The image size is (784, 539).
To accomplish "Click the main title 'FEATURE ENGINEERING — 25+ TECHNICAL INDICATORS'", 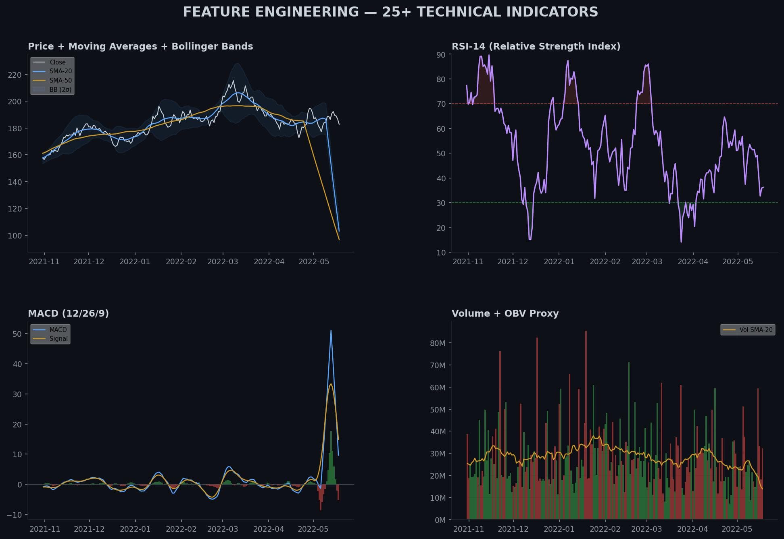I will pos(390,12).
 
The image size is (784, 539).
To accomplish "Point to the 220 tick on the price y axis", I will pos(15,75).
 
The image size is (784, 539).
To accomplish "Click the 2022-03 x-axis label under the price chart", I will pos(223,261).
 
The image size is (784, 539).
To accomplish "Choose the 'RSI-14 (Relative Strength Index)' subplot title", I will pos(536,46).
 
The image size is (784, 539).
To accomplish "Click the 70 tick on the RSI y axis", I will pos(441,104).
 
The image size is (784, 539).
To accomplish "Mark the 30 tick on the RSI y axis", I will pos(441,203).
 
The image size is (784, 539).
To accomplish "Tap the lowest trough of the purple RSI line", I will pos(681,242).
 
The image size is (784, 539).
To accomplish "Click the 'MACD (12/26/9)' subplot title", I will pos(68,313).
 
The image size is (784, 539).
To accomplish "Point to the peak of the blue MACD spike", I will pos(331,331).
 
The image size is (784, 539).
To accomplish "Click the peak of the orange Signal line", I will pos(331,384).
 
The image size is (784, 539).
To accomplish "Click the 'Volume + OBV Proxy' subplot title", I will pos(505,313).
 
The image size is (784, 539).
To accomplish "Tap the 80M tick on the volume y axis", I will pos(438,343).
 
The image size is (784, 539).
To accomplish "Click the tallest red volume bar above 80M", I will pos(586,332).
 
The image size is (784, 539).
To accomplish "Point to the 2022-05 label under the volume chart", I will pos(737,529).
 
